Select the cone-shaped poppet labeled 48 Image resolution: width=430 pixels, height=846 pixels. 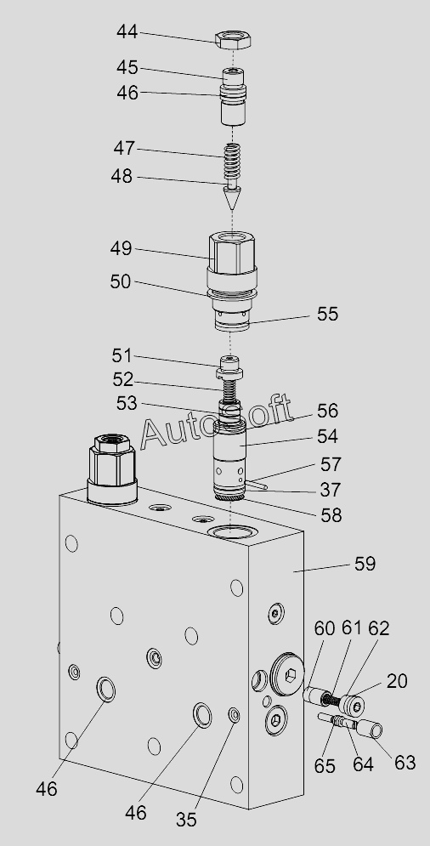(231, 196)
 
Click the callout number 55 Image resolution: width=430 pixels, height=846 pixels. (327, 314)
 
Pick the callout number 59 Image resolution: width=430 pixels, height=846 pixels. (365, 564)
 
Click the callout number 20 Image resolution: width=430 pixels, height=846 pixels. (397, 681)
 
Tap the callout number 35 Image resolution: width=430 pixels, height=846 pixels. (186, 820)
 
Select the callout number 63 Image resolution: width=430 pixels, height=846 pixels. (405, 763)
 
